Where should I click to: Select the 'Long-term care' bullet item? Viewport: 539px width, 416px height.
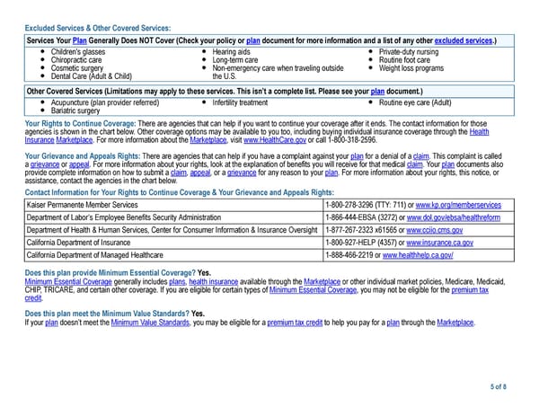(x=235, y=60)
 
